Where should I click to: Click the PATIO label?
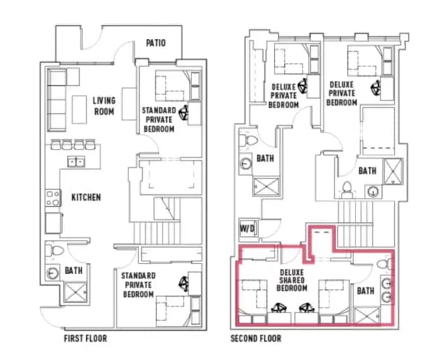tap(156, 43)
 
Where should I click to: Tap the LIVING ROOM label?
tap(104, 105)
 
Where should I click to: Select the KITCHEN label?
tap(86, 197)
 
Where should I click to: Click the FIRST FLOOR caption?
tap(85, 338)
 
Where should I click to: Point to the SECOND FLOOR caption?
tap(256, 338)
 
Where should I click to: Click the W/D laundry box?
tap(247, 228)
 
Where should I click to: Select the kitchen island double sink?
tap(76, 162)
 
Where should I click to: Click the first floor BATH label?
tap(75, 270)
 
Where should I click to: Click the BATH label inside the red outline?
tap(365, 289)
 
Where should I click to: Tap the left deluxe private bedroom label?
tap(284, 96)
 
